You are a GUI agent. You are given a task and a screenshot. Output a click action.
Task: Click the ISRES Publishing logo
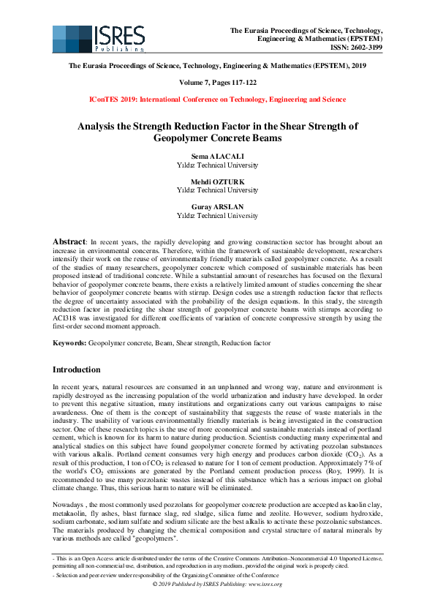96,39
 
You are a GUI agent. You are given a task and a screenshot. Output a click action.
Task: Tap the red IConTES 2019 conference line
217,99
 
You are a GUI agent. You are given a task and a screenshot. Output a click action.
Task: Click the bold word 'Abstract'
71,241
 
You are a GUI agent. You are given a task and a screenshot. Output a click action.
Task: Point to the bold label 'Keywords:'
70,343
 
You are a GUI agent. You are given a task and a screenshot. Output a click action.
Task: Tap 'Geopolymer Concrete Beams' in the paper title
217,137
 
